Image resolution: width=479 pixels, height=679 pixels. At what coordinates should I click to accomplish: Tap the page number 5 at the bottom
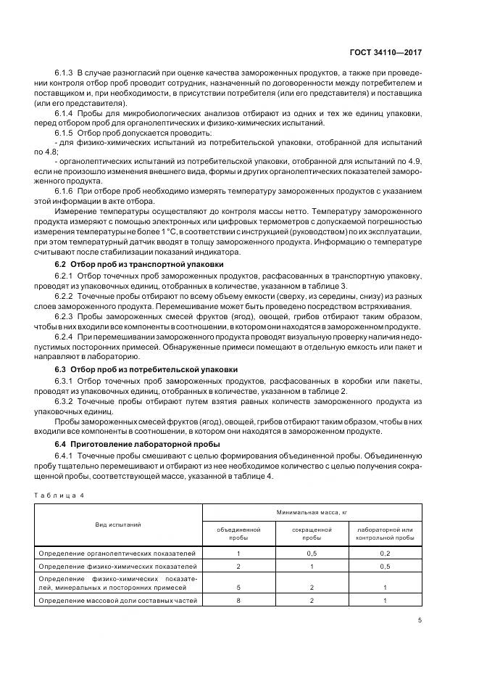pyautogui.click(x=421, y=620)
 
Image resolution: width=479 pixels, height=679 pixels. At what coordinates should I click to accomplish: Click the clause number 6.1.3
pyautogui.click(x=64, y=74)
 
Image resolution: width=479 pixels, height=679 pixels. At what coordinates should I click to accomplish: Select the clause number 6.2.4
pyautogui.click(x=64, y=337)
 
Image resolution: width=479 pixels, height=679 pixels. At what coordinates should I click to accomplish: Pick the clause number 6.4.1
pyautogui.click(x=64, y=456)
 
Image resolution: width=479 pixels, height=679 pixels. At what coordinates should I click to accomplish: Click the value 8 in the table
pyautogui.click(x=238, y=601)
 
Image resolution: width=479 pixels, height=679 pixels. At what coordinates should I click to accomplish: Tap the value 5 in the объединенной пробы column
pyautogui.click(x=238, y=588)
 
